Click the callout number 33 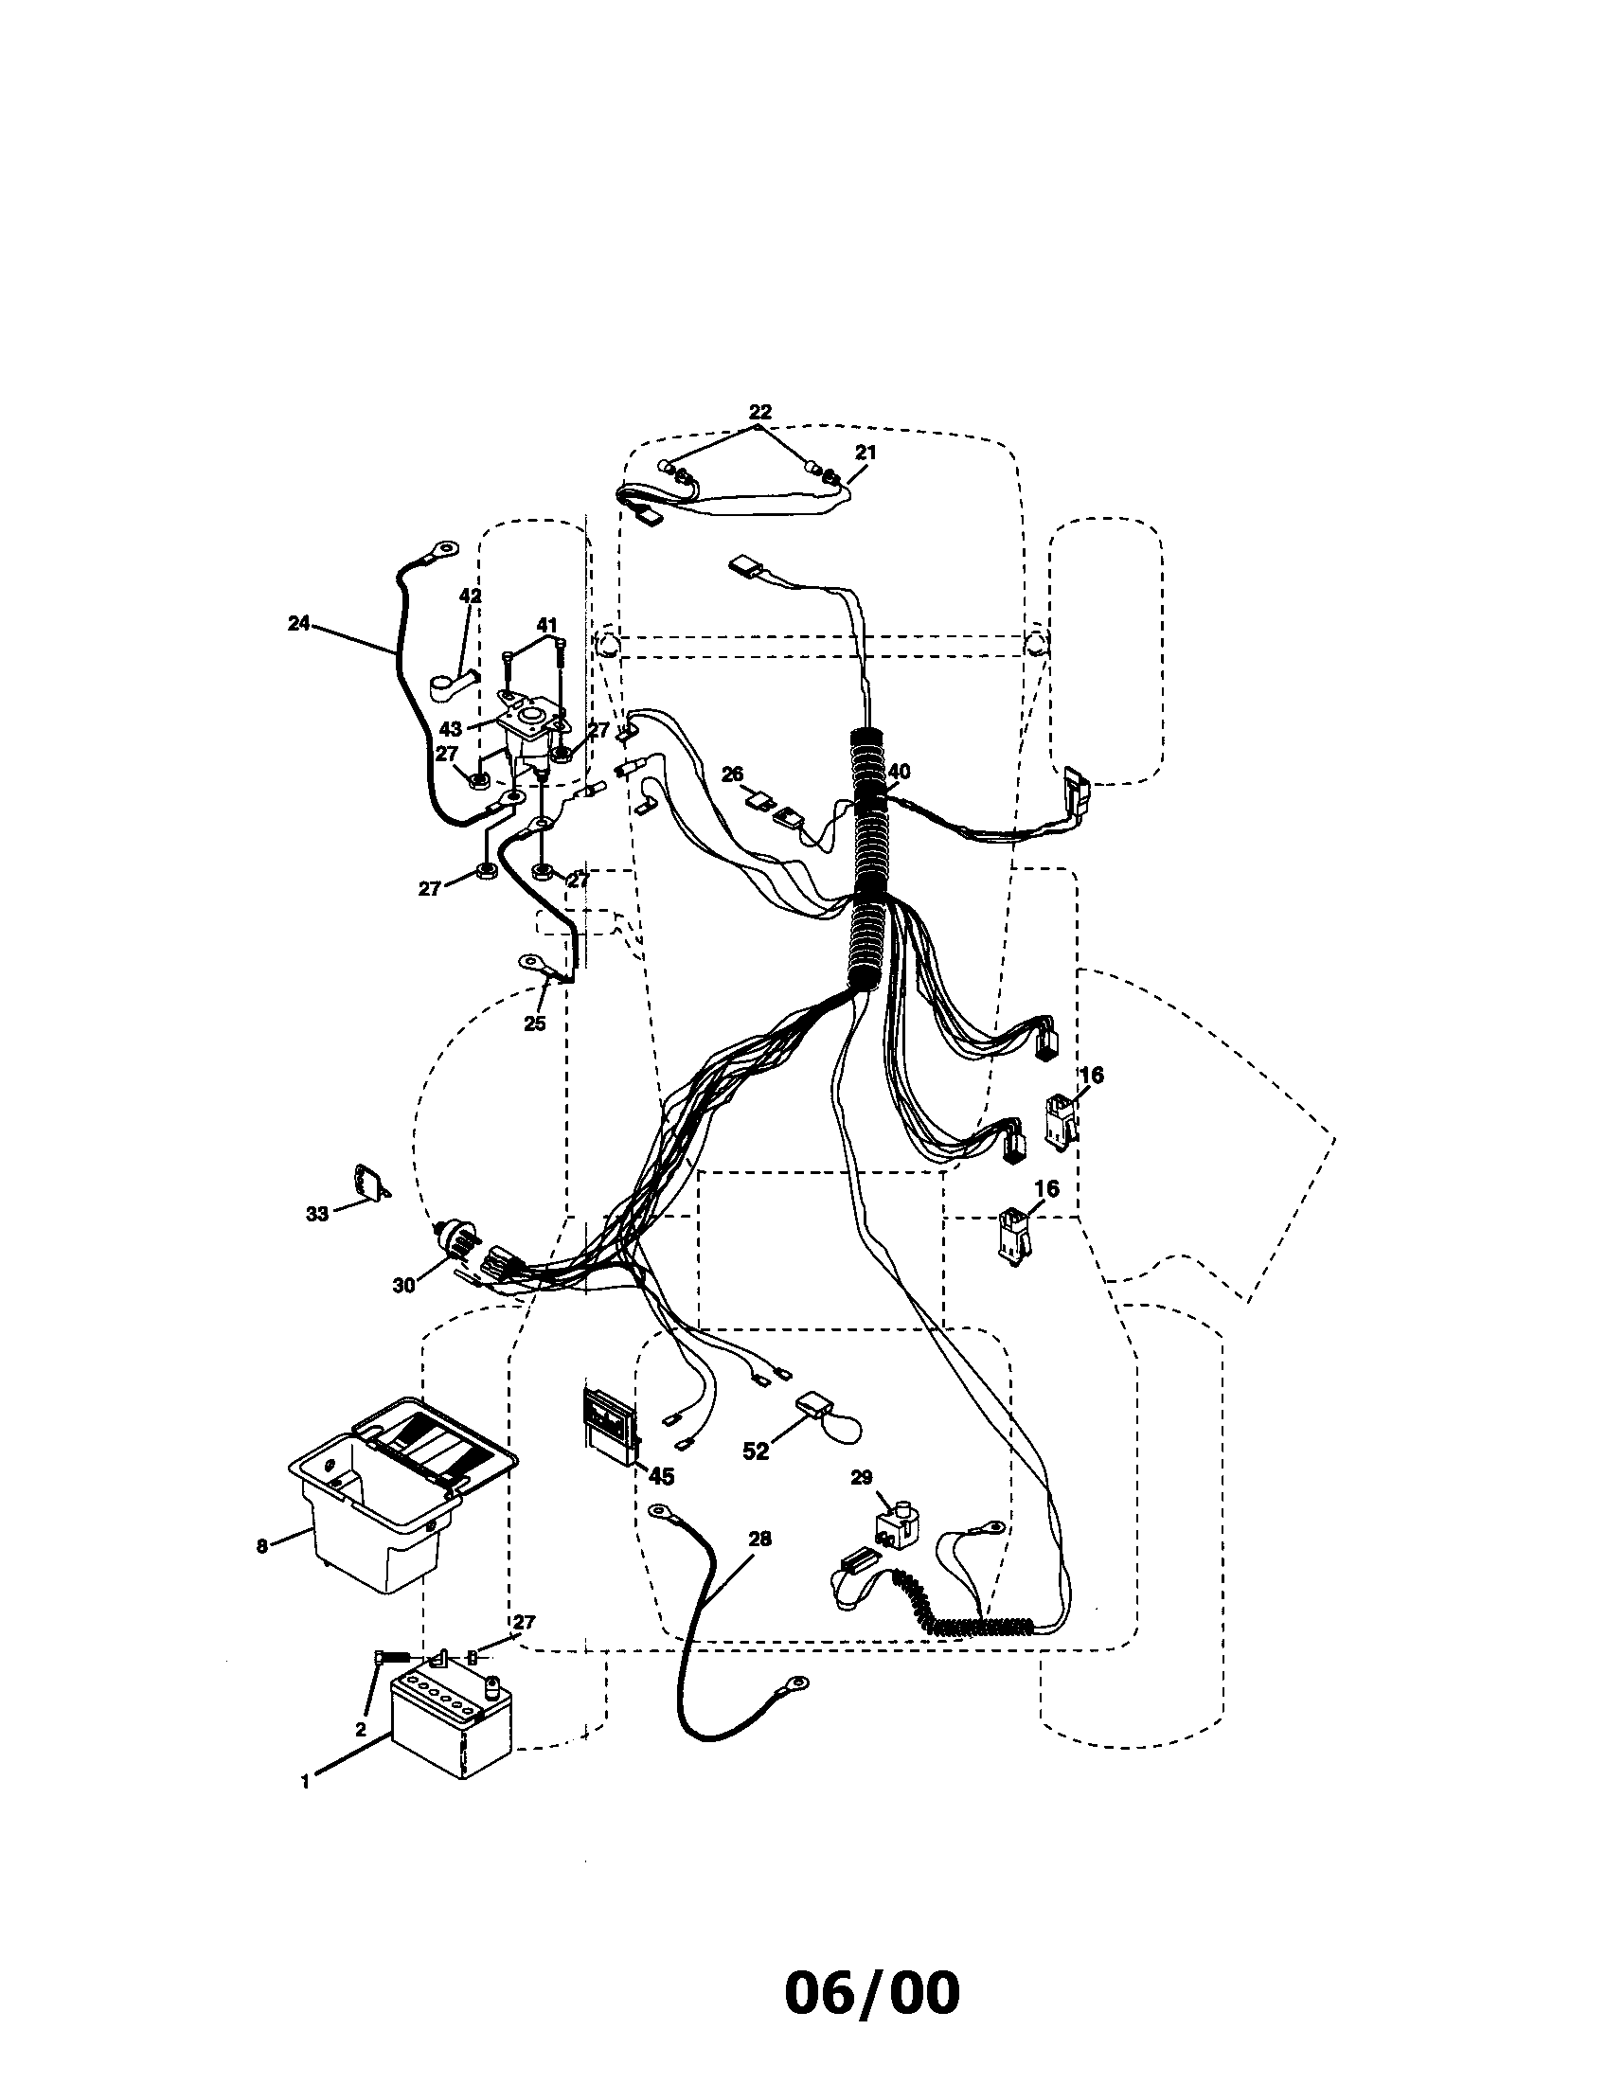(x=316, y=1213)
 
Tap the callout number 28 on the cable (x=760, y=1539)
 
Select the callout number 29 (x=861, y=1477)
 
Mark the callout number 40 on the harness (x=900, y=771)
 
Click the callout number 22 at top (x=760, y=412)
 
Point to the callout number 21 (x=865, y=452)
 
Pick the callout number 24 (x=299, y=623)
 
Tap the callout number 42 (x=471, y=596)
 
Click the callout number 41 (x=545, y=626)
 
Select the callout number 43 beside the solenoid (x=450, y=729)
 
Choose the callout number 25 (x=535, y=1024)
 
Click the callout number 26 (x=732, y=774)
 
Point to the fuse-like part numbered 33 (x=372, y=1183)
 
